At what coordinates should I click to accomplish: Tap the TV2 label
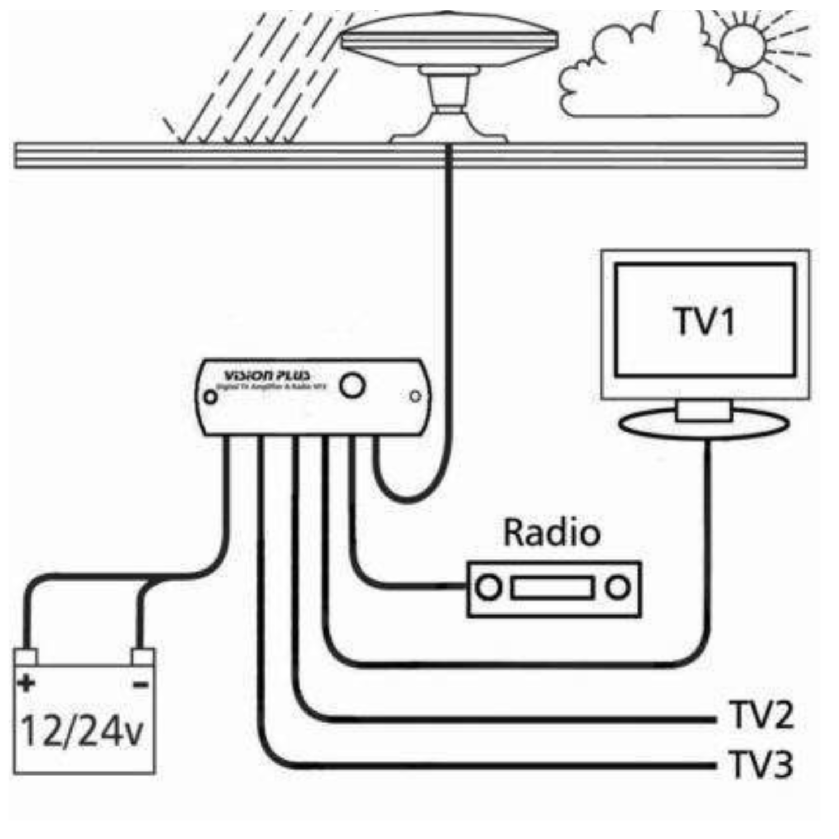pos(762,715)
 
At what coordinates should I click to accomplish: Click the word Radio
pos(552,532)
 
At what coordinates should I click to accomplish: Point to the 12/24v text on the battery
pos(82,731)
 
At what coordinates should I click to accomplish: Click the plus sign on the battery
pos(26,683)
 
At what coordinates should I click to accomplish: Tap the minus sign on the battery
pos(141,684)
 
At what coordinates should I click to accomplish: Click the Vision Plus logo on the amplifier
pos(267,375)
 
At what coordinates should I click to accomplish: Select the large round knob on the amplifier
pos(352,385)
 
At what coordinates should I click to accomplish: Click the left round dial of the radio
pos(489,588)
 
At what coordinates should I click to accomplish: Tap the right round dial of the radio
pos(618,588)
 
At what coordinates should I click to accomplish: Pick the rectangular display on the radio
pos(552,588)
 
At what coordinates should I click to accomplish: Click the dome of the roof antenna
pos(449,39)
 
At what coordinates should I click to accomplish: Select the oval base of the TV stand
pos(704,424)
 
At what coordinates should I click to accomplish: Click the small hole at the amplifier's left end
pos(211,397)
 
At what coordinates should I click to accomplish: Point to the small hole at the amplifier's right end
pos(415,396)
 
